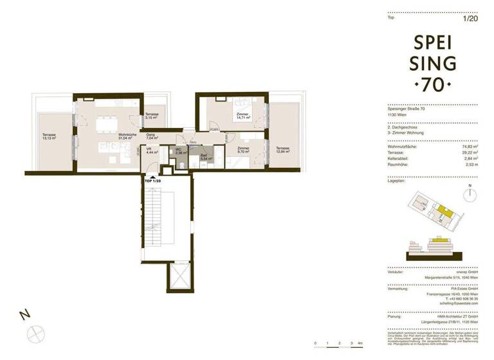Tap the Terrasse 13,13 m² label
48,136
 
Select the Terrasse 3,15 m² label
152,116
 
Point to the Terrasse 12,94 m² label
282,150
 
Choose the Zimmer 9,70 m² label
243,150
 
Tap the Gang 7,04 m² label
152,136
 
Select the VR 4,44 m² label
152,152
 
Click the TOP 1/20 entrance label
153,183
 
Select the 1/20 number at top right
471,19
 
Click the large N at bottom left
24,315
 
